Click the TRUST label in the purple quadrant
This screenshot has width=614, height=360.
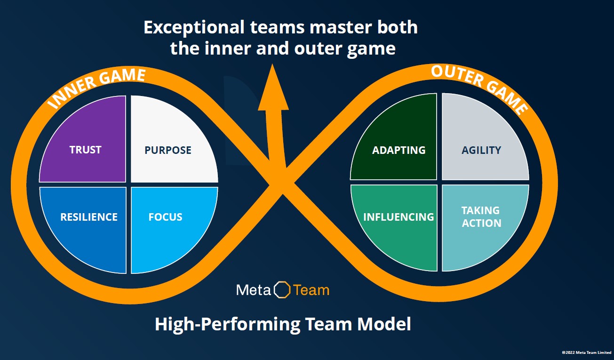[x=85, y=150]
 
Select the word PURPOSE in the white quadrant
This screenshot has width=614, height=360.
[x=168, y=150]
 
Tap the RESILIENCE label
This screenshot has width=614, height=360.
[x=89, y=217]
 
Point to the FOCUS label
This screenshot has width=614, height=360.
[x=165, y=217]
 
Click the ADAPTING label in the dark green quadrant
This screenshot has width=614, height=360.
[x=399, y=150]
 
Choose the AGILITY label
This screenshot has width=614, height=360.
[x=481, y=150]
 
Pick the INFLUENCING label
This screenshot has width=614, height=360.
[x=399, y=217]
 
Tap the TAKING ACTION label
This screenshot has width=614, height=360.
[x=481, y=217]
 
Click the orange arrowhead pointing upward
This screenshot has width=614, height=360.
[x=273, y=90]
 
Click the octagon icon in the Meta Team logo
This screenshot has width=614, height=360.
[x=282, y=289]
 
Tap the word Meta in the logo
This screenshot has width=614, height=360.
[x=254, y=290]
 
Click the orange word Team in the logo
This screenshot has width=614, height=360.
[x=311, y=290]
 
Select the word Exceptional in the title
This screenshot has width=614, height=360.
[x=194, y=28]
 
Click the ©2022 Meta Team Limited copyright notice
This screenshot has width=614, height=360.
[x=586, y=352]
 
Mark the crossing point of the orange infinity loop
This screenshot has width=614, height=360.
[x=281, y=183]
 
